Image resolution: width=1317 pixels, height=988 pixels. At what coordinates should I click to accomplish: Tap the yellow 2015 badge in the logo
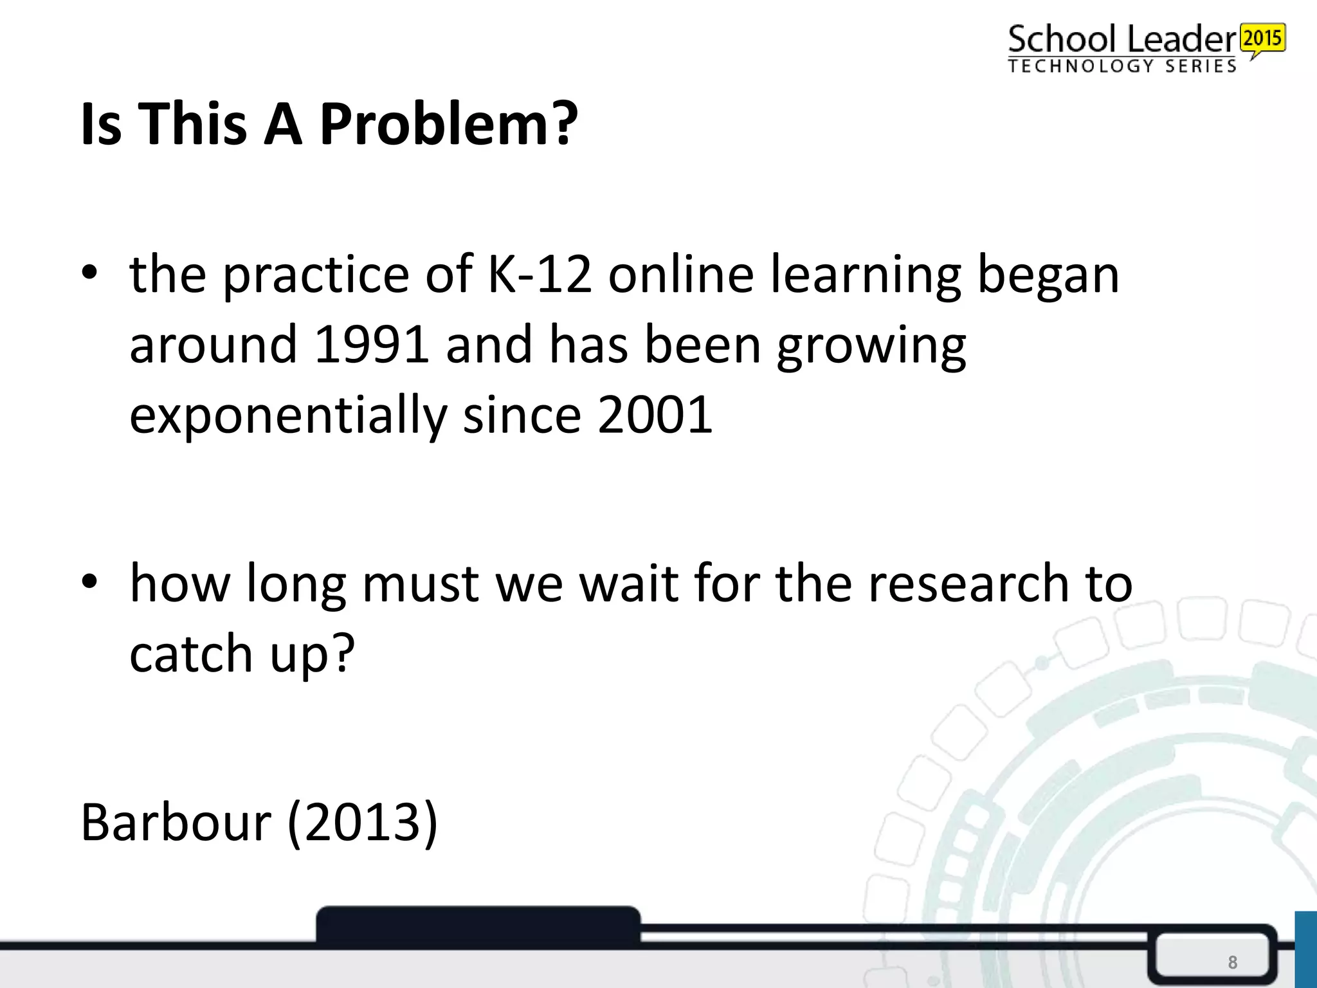point(1263,39)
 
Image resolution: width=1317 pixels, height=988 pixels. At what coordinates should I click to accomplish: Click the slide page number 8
point(1232,962)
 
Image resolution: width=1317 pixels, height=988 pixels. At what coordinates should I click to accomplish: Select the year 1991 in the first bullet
point(372,344)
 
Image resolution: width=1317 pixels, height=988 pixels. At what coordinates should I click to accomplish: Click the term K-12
point(540,275)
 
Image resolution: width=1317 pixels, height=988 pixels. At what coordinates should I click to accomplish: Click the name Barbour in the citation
point(176,823)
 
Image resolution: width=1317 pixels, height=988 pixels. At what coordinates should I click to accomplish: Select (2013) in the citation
point(362,823)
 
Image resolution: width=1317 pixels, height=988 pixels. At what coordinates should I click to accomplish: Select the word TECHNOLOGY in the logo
point(1080,66)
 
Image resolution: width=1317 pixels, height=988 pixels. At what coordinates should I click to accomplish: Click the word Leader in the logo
point(1182,40)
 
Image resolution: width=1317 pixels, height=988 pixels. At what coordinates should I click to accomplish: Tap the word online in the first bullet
point(681,275)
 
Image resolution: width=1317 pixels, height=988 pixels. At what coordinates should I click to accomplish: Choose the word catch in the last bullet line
point(191,654)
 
